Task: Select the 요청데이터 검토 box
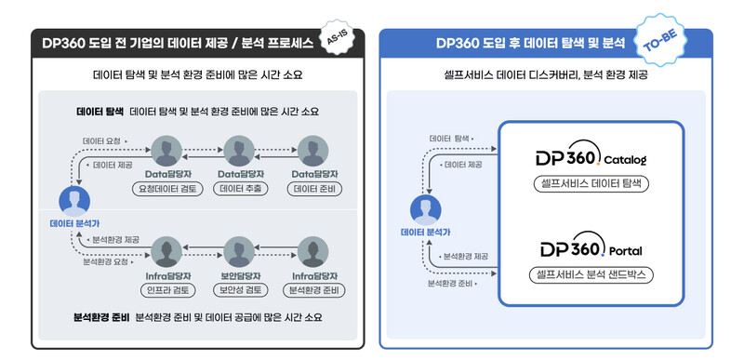(x=167, y=187)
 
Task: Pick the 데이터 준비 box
(x=311, y=187)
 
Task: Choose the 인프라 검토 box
(x=167, y=289)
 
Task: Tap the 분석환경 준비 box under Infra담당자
(x=311, y=289)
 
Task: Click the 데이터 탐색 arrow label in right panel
(x=449, y=138)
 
